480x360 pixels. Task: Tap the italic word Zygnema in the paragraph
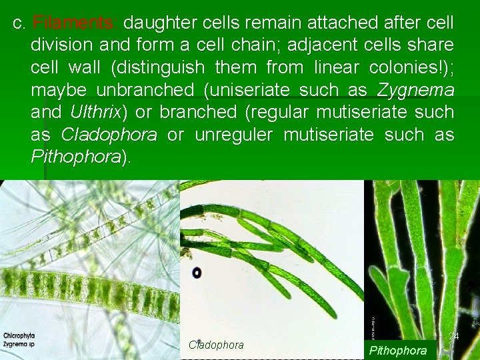416,89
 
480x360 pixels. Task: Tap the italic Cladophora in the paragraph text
109,135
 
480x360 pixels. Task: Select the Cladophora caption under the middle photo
216,345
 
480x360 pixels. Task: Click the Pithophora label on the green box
398,350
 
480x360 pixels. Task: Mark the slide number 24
453,337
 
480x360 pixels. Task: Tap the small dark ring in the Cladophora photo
197,273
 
